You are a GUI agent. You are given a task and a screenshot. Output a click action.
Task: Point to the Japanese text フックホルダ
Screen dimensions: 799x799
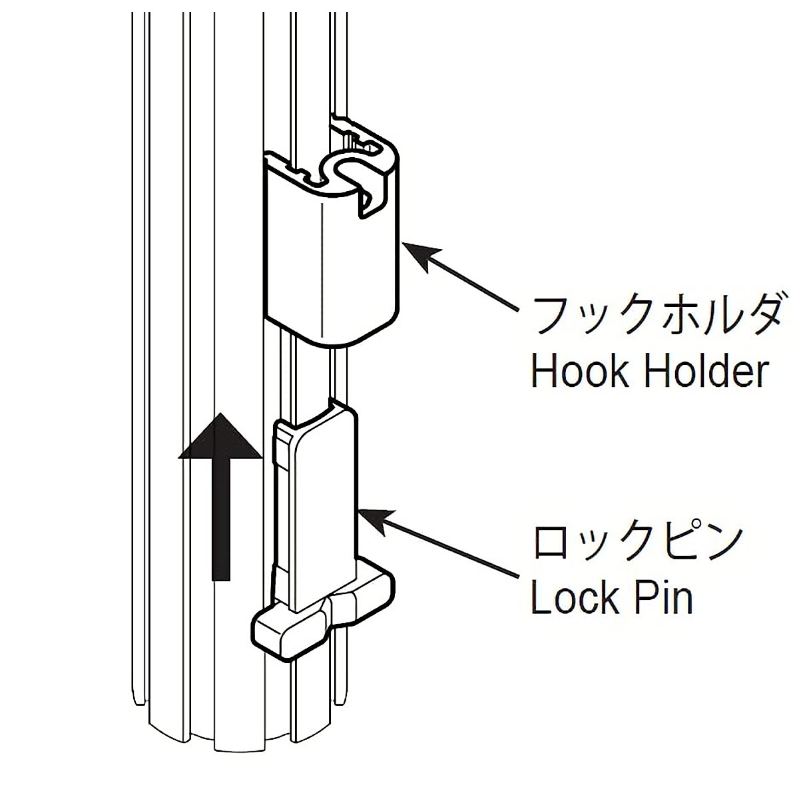coord(657,315)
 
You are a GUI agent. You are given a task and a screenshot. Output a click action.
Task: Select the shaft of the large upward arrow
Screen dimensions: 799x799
coord(220,519)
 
